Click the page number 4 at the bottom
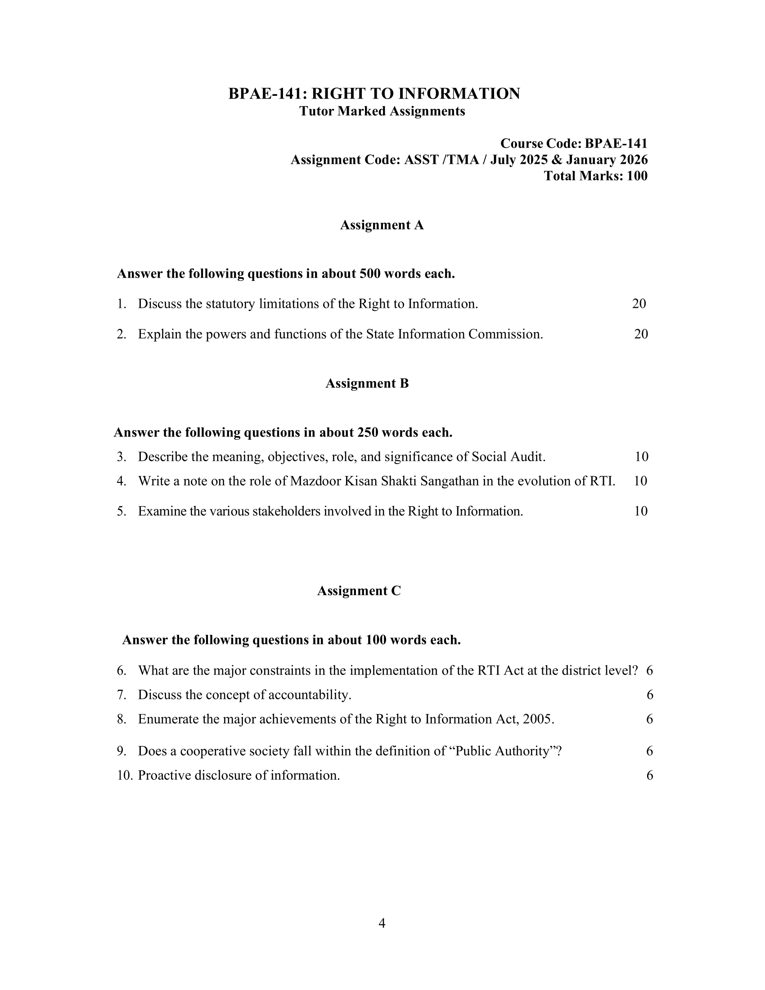pyautogui.click(x=382, y=923)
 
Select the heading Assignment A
pyautogui.click(x=382, y=225)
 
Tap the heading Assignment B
pyautogui.click(x=367, y=383)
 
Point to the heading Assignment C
pyautogui.click(x=359, y=591)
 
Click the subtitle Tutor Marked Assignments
pyautogui.click(x=382, y=111)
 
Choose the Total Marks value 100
pyautogui.click(x=637, y=176)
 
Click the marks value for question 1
pyautogui.click(x=639, y=304)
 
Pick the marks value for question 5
pyautogui.click(x=641, y=511)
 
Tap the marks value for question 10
pyautogui.click(x=649, y=775)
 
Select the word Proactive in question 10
pyautogui.click(x=164, y=775)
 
